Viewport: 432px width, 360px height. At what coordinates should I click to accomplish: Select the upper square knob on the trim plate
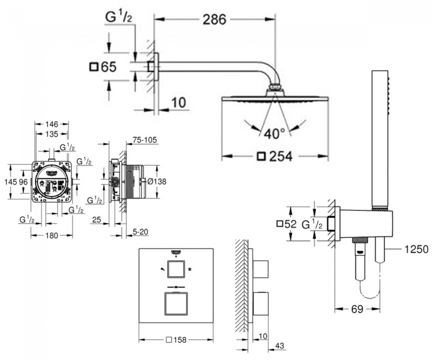[x=176, y=270]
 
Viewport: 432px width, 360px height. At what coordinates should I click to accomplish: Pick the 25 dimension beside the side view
[x=95, y=221]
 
